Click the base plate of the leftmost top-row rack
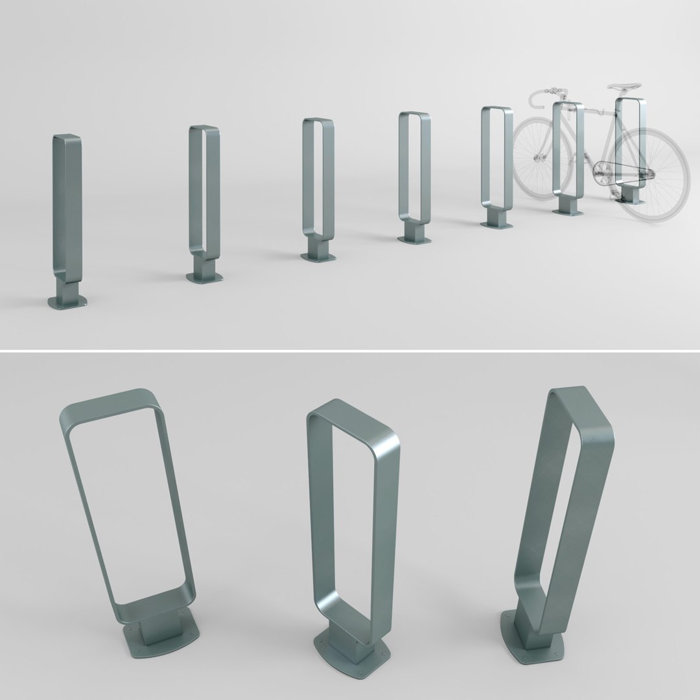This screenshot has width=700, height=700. coord(67,302)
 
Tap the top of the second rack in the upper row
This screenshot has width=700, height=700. coord(204,128)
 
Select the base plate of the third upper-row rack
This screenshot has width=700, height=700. coord(318,257)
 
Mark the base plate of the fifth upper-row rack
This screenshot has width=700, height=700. coord(496,224)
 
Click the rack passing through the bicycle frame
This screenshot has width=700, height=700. coord(568,156)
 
